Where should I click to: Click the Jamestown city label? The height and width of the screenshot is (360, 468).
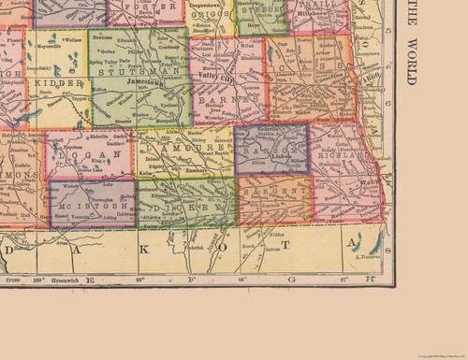click(x=154, y=83)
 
